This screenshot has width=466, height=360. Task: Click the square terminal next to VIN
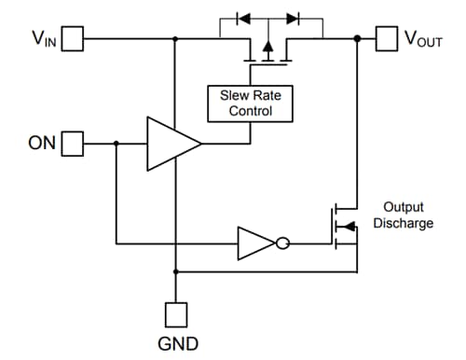point(73,38)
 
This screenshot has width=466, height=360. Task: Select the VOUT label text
point(425,38)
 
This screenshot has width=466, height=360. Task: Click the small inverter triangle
point(254,244)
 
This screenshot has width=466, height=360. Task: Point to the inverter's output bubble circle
point(281,244)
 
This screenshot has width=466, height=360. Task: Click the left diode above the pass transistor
point(244,17)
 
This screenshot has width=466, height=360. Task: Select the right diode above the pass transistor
point(294,17)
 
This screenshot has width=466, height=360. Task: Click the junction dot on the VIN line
point(175,38)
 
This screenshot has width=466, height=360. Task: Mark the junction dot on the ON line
point(116,144)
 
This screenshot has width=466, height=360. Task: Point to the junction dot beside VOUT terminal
point(358,38)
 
